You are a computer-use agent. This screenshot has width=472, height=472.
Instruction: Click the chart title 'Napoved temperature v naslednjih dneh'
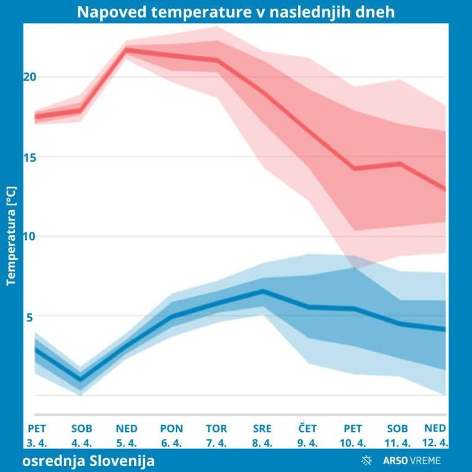tap(236, 12)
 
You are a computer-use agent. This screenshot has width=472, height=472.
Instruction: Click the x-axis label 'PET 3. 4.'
tap(37, 435)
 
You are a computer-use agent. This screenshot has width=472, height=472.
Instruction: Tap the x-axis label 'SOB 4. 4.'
tap(82, 435)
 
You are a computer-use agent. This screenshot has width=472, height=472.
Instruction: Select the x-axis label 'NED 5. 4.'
tap(127, 435)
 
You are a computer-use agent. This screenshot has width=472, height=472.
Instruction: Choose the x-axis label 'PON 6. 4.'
tap(171, 435)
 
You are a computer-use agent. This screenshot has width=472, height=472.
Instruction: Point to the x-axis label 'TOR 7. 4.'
tap(216, 435)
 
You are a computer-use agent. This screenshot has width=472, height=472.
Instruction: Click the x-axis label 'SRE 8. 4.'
tap(262, 435)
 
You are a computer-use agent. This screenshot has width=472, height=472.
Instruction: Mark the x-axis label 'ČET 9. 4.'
tap(307, 435)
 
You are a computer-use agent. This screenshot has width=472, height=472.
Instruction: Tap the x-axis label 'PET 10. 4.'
tap(353, 435)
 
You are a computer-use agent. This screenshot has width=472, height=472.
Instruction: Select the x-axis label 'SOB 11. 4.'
tap(398, 435)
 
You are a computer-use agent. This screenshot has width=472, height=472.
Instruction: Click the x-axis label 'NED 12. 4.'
tap(436, 435)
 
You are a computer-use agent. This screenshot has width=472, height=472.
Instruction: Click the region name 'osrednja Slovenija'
tap(89, 460)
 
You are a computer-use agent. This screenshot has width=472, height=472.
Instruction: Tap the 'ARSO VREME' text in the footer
tap(411, 460)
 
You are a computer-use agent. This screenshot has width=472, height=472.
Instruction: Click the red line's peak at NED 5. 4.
tap(127, 49)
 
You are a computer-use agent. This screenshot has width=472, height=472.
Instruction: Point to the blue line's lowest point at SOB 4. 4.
tap(80, 379)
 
